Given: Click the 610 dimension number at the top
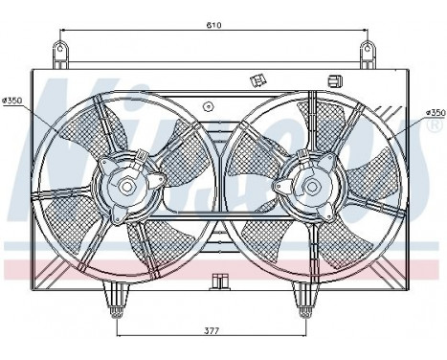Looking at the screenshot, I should point(212,26).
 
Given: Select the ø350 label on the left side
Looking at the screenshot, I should point(12,100).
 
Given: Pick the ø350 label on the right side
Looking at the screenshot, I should point(435,113).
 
